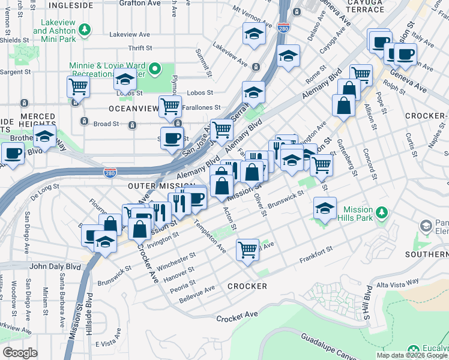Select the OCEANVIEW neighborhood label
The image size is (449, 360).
133,109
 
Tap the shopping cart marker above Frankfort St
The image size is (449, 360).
248,248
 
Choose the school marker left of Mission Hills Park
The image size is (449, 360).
325,209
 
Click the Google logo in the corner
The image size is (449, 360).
20,352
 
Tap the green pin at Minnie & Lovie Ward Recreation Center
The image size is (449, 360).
154,70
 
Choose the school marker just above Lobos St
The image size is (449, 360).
125,79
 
